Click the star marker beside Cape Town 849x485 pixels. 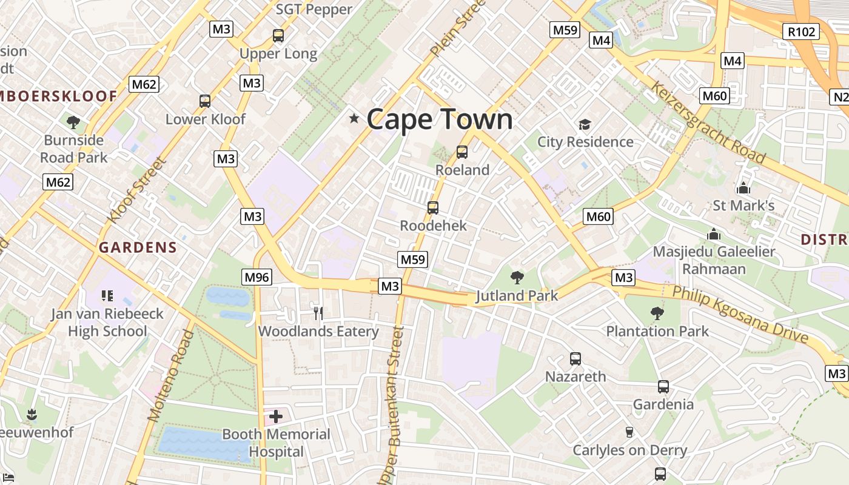click(x=354, y=119)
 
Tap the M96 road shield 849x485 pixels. click(x=257, y=277)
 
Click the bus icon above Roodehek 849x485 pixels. click(x=433, y=208)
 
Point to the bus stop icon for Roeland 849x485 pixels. click(x=462, y=152)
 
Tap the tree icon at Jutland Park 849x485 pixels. click(x=517, y=278)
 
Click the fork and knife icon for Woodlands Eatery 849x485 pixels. click(x=318, y=313)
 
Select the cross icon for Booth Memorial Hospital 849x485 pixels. click(x=276, y=416)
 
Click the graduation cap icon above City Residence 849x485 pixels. click(x=585, y=124)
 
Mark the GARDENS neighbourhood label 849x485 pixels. click(x=138, y=247)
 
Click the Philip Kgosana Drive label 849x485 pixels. click(x=740, y=314)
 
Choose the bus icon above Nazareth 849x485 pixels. click(x=575, y=359)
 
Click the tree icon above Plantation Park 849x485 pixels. click(x=657, y=313)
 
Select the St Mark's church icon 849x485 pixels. click(x=743, y=188)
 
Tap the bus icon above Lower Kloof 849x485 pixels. click(x=205, y=101)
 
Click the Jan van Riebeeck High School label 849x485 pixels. click(x=107, y=323)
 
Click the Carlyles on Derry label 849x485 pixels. click(x=629, y=450)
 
